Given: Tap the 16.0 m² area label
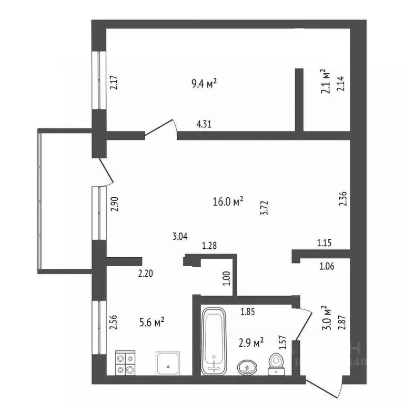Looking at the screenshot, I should [227, 201].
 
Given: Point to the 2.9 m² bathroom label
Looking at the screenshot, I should [251, 343].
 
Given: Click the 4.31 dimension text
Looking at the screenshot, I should [205, 125].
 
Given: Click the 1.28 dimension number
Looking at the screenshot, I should [209, 246].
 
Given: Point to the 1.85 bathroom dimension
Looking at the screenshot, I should [248, 312].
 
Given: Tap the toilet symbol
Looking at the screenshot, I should [275, 363].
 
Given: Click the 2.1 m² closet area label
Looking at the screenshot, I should [325, 80].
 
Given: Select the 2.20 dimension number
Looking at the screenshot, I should [145, 274].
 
